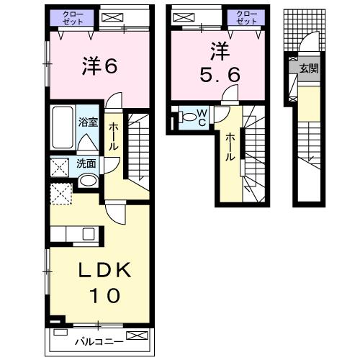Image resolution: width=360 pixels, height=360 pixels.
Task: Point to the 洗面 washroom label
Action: pyautogui.click(x=86, y=163)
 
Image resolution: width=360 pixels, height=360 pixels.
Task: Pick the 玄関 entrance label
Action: pyautogui.click(x=309, y=69)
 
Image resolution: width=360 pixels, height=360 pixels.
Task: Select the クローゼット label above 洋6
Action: pyautogui.click(x=72, y=18)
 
